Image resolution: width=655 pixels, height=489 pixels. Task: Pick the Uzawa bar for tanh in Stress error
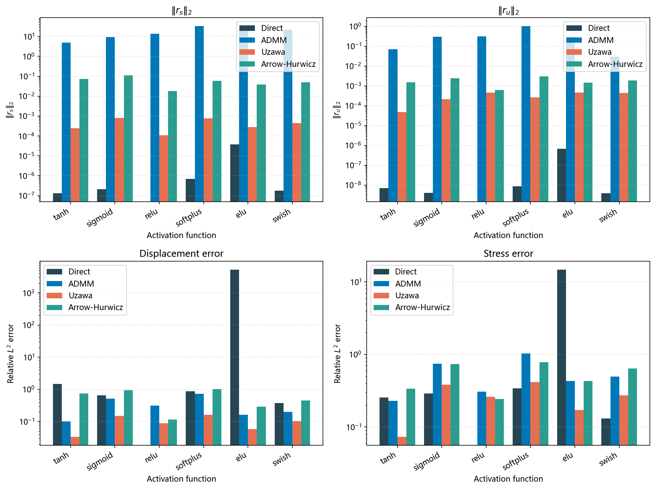pyautogui.click(x=402, y=441)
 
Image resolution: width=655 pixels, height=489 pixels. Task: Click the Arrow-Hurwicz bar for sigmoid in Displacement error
pyautogui.click(x=128, y=417)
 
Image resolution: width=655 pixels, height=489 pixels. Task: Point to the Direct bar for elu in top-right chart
pyautogui.click(x=561, y=175)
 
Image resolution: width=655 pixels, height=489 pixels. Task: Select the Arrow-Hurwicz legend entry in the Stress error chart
pyautogui.click(x=422, y=308)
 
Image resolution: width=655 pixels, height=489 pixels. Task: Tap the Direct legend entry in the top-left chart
pyautogui.click(x=272, y=28)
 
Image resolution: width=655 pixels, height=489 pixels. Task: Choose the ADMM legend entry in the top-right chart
pyautogui.click(x=601, y=40)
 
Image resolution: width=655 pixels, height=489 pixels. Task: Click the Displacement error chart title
pyautogui.click(x=181, y=254)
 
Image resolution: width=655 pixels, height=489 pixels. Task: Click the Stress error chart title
pyautogui.click(x=508, y=254)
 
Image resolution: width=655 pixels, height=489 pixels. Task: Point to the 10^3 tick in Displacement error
pyautogui.click(x=29, y=293)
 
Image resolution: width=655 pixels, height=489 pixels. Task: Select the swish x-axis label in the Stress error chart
pyautogui.click(x=608, y=459)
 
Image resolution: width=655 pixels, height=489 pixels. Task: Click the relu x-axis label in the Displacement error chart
pyautogui.click(x=151, y=458)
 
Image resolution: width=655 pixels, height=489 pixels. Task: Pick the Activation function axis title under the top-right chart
pyautogui.click(x=508, y=235)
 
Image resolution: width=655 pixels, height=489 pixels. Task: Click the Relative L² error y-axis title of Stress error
pyautogui.click(x=337, y=353)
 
